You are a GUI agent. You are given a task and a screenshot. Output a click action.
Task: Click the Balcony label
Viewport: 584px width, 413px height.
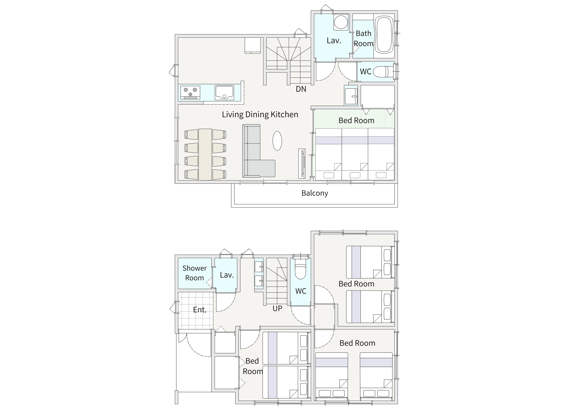pyautogui.click(x=315, y=193)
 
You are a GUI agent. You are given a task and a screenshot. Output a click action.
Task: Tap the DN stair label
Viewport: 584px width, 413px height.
pyautogui.click(x=301, y=89)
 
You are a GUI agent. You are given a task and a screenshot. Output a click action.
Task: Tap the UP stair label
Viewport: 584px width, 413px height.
pyautogui.click(x=277, y=308)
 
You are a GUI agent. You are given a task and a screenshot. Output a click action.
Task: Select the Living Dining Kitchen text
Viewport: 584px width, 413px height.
pyautogui.click(x=260, y=115)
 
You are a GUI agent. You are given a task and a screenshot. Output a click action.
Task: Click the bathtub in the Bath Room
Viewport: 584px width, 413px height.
pyautogui.click(x=384, y=35)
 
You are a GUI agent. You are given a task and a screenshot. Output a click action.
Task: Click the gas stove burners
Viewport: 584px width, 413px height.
pyautogui.click(x=190, y=92)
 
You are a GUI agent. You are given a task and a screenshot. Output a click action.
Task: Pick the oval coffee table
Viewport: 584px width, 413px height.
pyautogui.click(x=277, y=141)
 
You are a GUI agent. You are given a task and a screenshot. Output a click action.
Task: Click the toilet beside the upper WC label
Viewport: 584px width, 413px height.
pyautogui.click(x=383, y=72)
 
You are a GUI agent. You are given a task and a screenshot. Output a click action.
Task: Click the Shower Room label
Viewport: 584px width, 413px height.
pyautogui.click(x=195, y=273)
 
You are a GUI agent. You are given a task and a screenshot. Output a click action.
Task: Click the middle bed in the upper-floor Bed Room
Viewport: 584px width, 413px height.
pyautogui.click(x=355, y=154)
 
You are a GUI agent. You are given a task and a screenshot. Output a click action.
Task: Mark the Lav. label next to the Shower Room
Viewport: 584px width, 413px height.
pyautogui.click(x=227, y=275)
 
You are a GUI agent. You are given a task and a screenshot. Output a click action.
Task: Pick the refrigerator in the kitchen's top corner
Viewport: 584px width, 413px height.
pyautogui.click(x=253, y=46)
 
